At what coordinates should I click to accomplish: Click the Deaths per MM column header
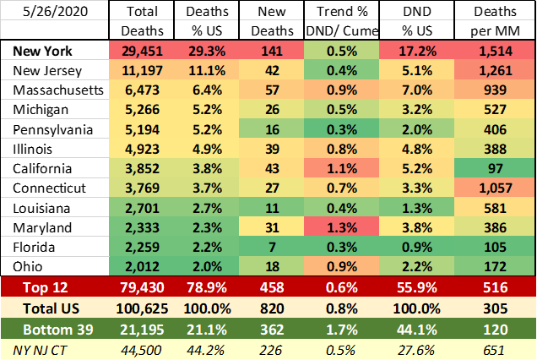click(x=505, y=22)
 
